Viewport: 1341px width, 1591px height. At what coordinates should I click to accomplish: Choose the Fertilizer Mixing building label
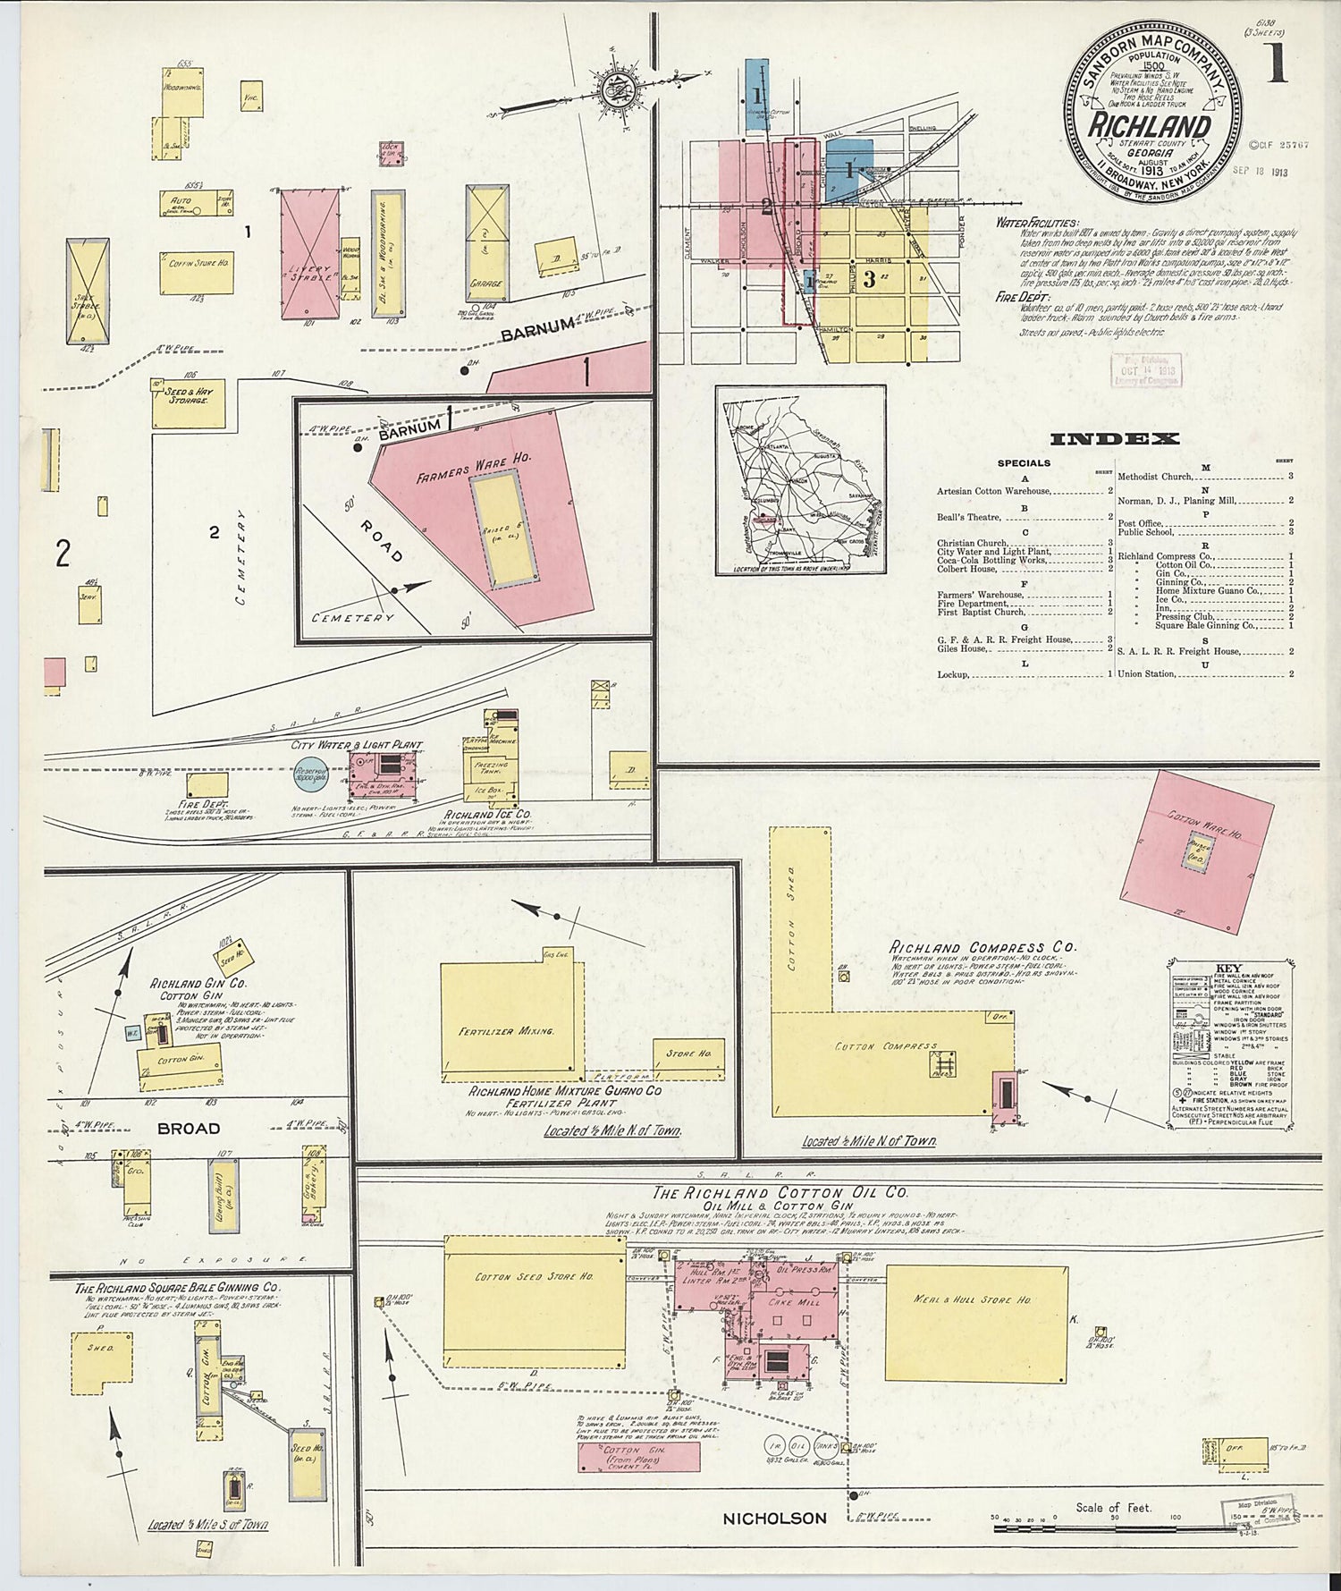coord(507,1030)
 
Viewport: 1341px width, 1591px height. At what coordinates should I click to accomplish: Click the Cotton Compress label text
coord(886,1045)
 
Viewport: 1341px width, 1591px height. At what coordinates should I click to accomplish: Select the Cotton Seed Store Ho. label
coord(535,1276)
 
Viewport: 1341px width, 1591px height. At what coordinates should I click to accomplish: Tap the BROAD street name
coord(189,1129)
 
